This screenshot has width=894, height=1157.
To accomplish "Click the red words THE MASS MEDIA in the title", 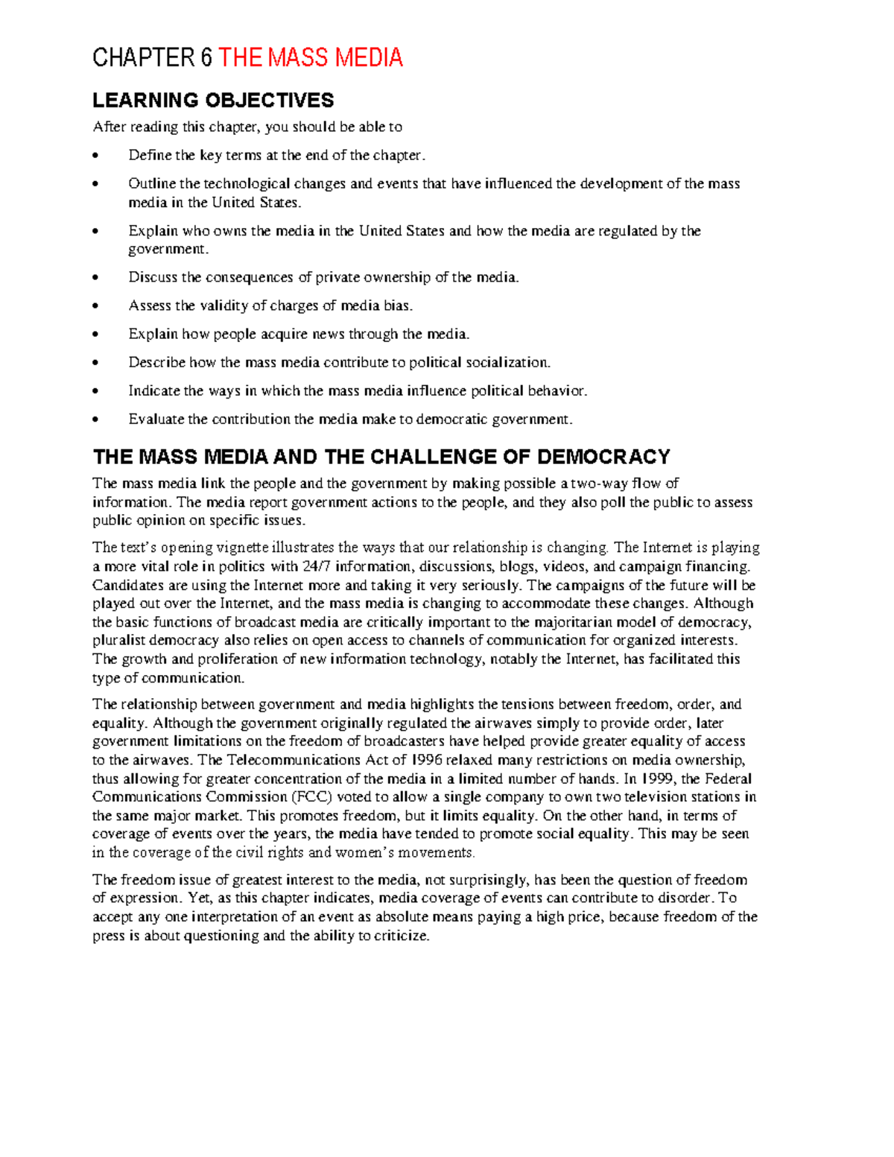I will (310, 58).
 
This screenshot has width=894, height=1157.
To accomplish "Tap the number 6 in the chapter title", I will (206, 58).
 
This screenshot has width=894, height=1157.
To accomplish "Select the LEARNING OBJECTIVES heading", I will (213, 101).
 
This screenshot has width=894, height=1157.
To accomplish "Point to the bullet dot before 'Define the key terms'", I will (95, 156).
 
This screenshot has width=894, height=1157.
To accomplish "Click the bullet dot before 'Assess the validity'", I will (95, 306).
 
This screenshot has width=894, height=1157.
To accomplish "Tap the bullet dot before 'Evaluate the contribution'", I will (95, 419).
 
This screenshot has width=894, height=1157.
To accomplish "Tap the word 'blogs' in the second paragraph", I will (516, 566).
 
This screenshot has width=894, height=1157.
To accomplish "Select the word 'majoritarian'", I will (595, 622).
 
